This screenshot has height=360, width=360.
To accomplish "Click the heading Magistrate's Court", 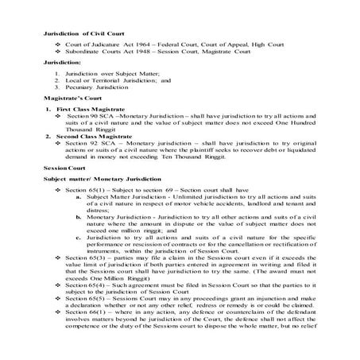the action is [x=73, y=117].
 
